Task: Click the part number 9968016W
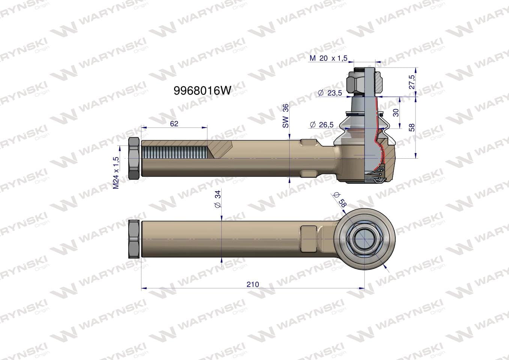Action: pyautogui.click(x=202, y=91)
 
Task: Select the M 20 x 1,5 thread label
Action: pyautogui.click(x=328, y=58)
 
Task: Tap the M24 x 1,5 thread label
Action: pyautogui.click(x=116, y=173)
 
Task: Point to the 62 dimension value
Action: pyautogui.click(x=174, y=124)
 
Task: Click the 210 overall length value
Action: pyautogui.click(x=252, y=284)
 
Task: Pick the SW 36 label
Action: pyautogui.click(x=285, y=115)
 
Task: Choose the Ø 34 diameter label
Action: pyautogui.click(x=218, y=199)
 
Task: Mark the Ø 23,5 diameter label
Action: pyautogui.click(x=330, y=93)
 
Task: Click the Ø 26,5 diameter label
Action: pyautogui.click(x=321, y=124)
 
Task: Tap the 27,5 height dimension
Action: pyautogui.click(x=412, y=82)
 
